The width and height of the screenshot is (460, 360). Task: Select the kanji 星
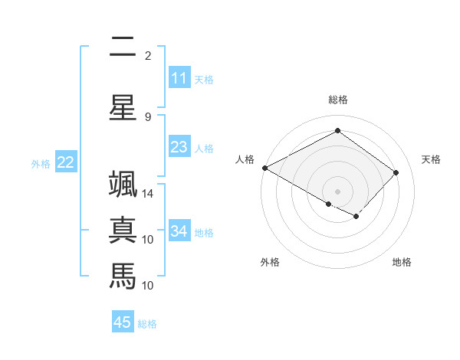[123, 106]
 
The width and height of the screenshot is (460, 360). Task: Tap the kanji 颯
[123, 185]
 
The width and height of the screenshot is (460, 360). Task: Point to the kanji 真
[123, 231]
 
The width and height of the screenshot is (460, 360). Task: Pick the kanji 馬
[123, 275]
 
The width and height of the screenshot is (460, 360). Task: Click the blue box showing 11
[179, 78]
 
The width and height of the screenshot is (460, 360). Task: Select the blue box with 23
[179, 147]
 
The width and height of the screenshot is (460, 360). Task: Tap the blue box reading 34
[179, 231]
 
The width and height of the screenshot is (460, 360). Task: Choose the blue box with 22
[66, 162]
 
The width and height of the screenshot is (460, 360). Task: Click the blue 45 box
[123, 322]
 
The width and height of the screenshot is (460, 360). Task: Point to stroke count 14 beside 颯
[148, 194]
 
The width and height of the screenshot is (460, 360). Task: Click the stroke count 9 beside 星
[148, 116]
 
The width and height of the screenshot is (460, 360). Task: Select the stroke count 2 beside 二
[148, 56]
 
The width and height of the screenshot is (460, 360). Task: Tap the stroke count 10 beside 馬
[148, 285]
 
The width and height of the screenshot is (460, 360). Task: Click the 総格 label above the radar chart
[337, 100]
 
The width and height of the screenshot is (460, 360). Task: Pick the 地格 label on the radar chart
[402, 262]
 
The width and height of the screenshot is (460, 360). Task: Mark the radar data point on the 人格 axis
[264, 168]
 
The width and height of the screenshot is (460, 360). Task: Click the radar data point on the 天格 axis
[396, 172]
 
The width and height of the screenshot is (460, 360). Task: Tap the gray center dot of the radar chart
[337, 191]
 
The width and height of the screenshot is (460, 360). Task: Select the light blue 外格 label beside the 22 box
[41, 163]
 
